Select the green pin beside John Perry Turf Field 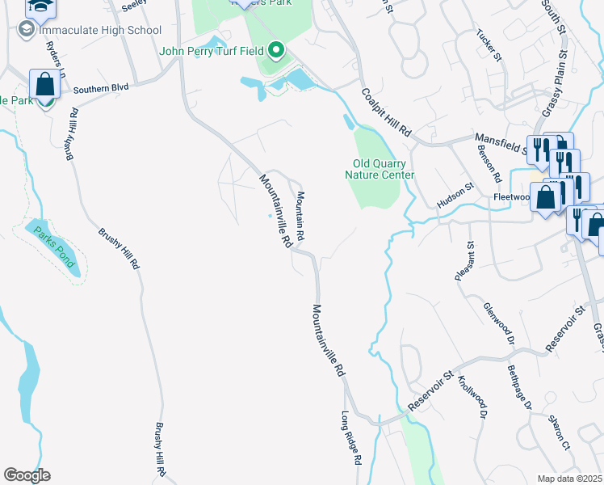pos(276,53)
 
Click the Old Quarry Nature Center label pos(380,169)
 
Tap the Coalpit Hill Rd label pos(387,112)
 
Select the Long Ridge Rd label pos(350,439)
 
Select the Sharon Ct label pos(559,432)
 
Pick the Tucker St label pos(489,46)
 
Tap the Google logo pos(27,475)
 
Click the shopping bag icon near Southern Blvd pos(44,85)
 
